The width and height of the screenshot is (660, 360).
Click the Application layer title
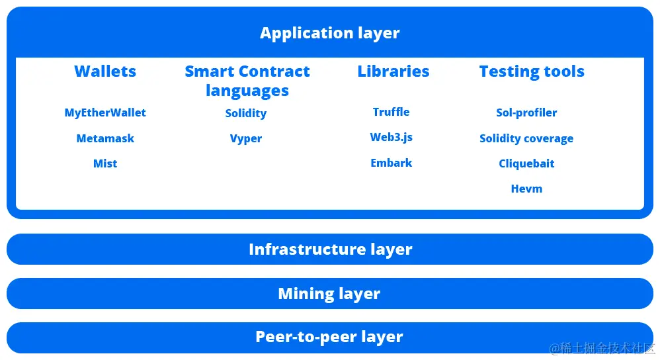[x=329, y=32]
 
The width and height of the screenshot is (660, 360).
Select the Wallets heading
[x=105, y=71]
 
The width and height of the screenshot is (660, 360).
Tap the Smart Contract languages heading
[x=247, y=81]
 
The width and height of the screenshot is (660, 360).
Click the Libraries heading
[x=393, y=71]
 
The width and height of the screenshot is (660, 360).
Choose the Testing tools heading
[x=532, y=71]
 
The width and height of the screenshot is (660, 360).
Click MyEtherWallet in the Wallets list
[x=105, y=112]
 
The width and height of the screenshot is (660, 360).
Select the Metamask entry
[x=105, y=138]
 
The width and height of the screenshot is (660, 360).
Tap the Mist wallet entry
[x=105, y=163]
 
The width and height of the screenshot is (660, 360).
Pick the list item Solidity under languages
[x=246, y=113]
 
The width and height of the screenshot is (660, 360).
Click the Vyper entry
[x=246, y=138]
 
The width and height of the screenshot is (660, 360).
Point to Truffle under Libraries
[x=392, y=112]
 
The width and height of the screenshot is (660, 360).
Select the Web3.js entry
[x=392, y=138]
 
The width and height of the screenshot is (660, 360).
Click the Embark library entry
[x=392, y=163]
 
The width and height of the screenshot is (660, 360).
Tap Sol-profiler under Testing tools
[x=526, y=112]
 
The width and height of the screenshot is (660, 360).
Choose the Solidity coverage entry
[x=526, y=138]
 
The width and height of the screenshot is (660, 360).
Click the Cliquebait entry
[x=526, y=163]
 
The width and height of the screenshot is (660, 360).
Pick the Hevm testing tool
[x=526, y=189]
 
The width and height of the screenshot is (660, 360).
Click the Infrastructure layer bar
[x=330, y=249]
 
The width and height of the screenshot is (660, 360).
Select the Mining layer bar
[x=330, y=293]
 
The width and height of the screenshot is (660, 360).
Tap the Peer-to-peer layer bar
[x=330, y=337]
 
